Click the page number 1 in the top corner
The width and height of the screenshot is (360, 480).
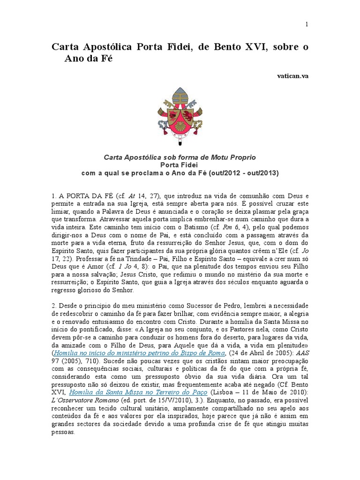pyautogui.click(x=307, y=25)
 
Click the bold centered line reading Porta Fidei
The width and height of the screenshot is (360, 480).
pyautogui.click(x=180, y=165)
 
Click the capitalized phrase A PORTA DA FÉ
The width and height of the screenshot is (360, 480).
pyautogui.click(x=78, y=195)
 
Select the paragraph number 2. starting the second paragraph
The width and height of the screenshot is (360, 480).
pyautogui.click(x=53, y=306)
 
